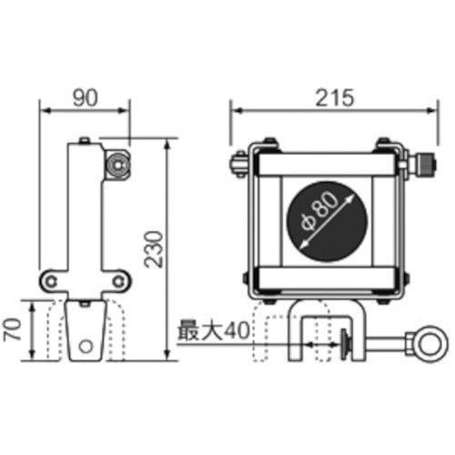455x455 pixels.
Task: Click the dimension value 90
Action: click(x=84, y=95)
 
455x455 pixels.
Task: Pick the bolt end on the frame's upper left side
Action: click(x=235, y=167)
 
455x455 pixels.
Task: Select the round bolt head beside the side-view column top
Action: click(x=116, y=165)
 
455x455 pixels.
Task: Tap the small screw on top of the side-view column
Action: click(x=85, y=140)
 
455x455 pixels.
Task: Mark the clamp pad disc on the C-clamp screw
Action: click(x=347, y=344)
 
